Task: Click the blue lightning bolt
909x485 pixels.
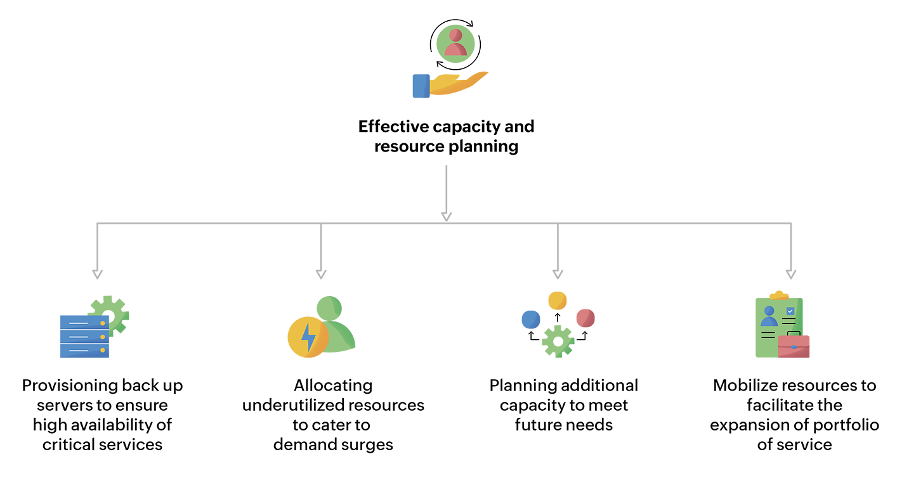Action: (309, 337)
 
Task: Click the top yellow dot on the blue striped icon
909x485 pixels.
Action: (103, 323)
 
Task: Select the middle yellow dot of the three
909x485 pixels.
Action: (103, 337)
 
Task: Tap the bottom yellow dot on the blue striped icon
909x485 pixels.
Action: (103, 350)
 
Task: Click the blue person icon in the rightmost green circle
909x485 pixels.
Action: (769, 316)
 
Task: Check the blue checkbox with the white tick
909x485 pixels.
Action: (790, 311)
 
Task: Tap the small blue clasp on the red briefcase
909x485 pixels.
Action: (794, 346)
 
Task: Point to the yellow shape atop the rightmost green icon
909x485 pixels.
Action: (778, 288)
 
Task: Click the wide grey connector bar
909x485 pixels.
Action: (444, 222)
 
